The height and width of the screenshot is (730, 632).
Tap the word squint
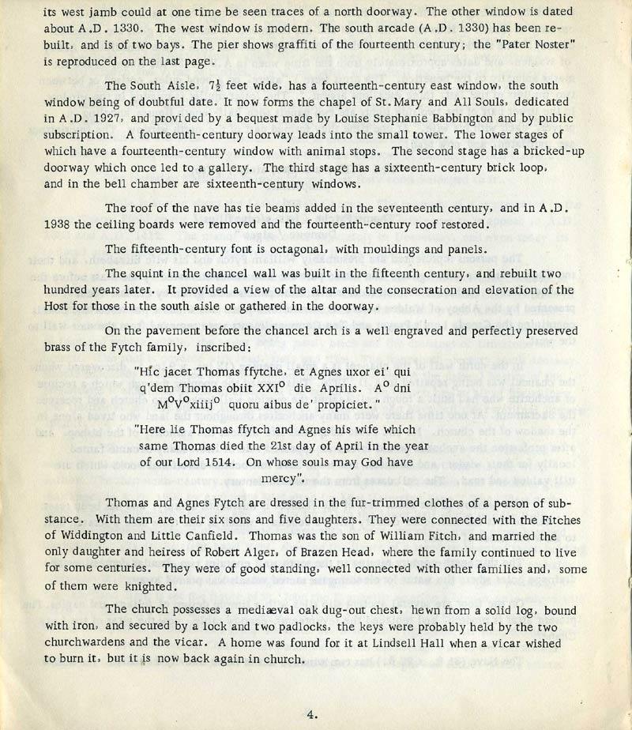coord(148,274)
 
